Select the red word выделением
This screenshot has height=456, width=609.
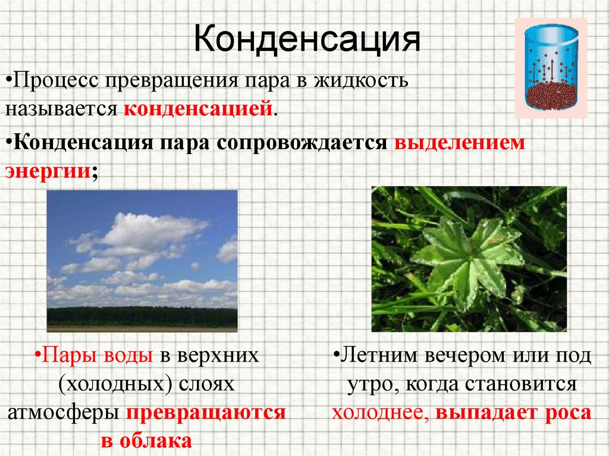tap(457, 144)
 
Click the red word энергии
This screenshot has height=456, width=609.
tap(48, 171)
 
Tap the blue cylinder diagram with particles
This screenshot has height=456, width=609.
tap(550, 67)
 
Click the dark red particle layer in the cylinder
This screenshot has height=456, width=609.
tap(550, 98)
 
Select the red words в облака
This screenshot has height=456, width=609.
tap(146, 441)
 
